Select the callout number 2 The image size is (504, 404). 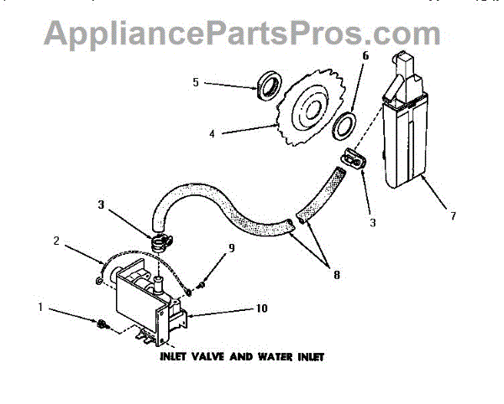[x=56, y=241]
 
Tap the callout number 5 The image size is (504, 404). [x=195, y=83]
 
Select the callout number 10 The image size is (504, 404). [x=262, y=308]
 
